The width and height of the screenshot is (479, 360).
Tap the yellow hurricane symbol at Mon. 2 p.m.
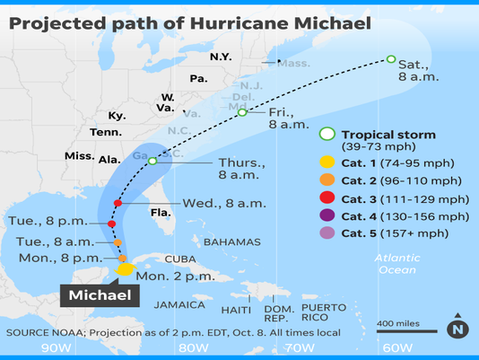tap(126, 268)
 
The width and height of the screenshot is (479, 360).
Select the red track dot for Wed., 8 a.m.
tap(118, 203)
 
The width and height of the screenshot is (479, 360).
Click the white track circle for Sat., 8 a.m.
tap(390, 59)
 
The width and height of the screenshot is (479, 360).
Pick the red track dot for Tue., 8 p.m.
tap(111, 224)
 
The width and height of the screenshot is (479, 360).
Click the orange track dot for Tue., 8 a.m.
tap(118, 242)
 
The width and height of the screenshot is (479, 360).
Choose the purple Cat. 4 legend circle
tap(327, 216)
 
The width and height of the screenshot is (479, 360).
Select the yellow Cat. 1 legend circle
tap(327, 162)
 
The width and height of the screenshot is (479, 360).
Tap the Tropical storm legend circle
tap(327, 135)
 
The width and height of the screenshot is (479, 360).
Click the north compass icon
tap(458, 329)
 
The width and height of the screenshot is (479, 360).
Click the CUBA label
tap(179, 259)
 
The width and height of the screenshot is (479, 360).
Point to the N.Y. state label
tap(221, 57)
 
